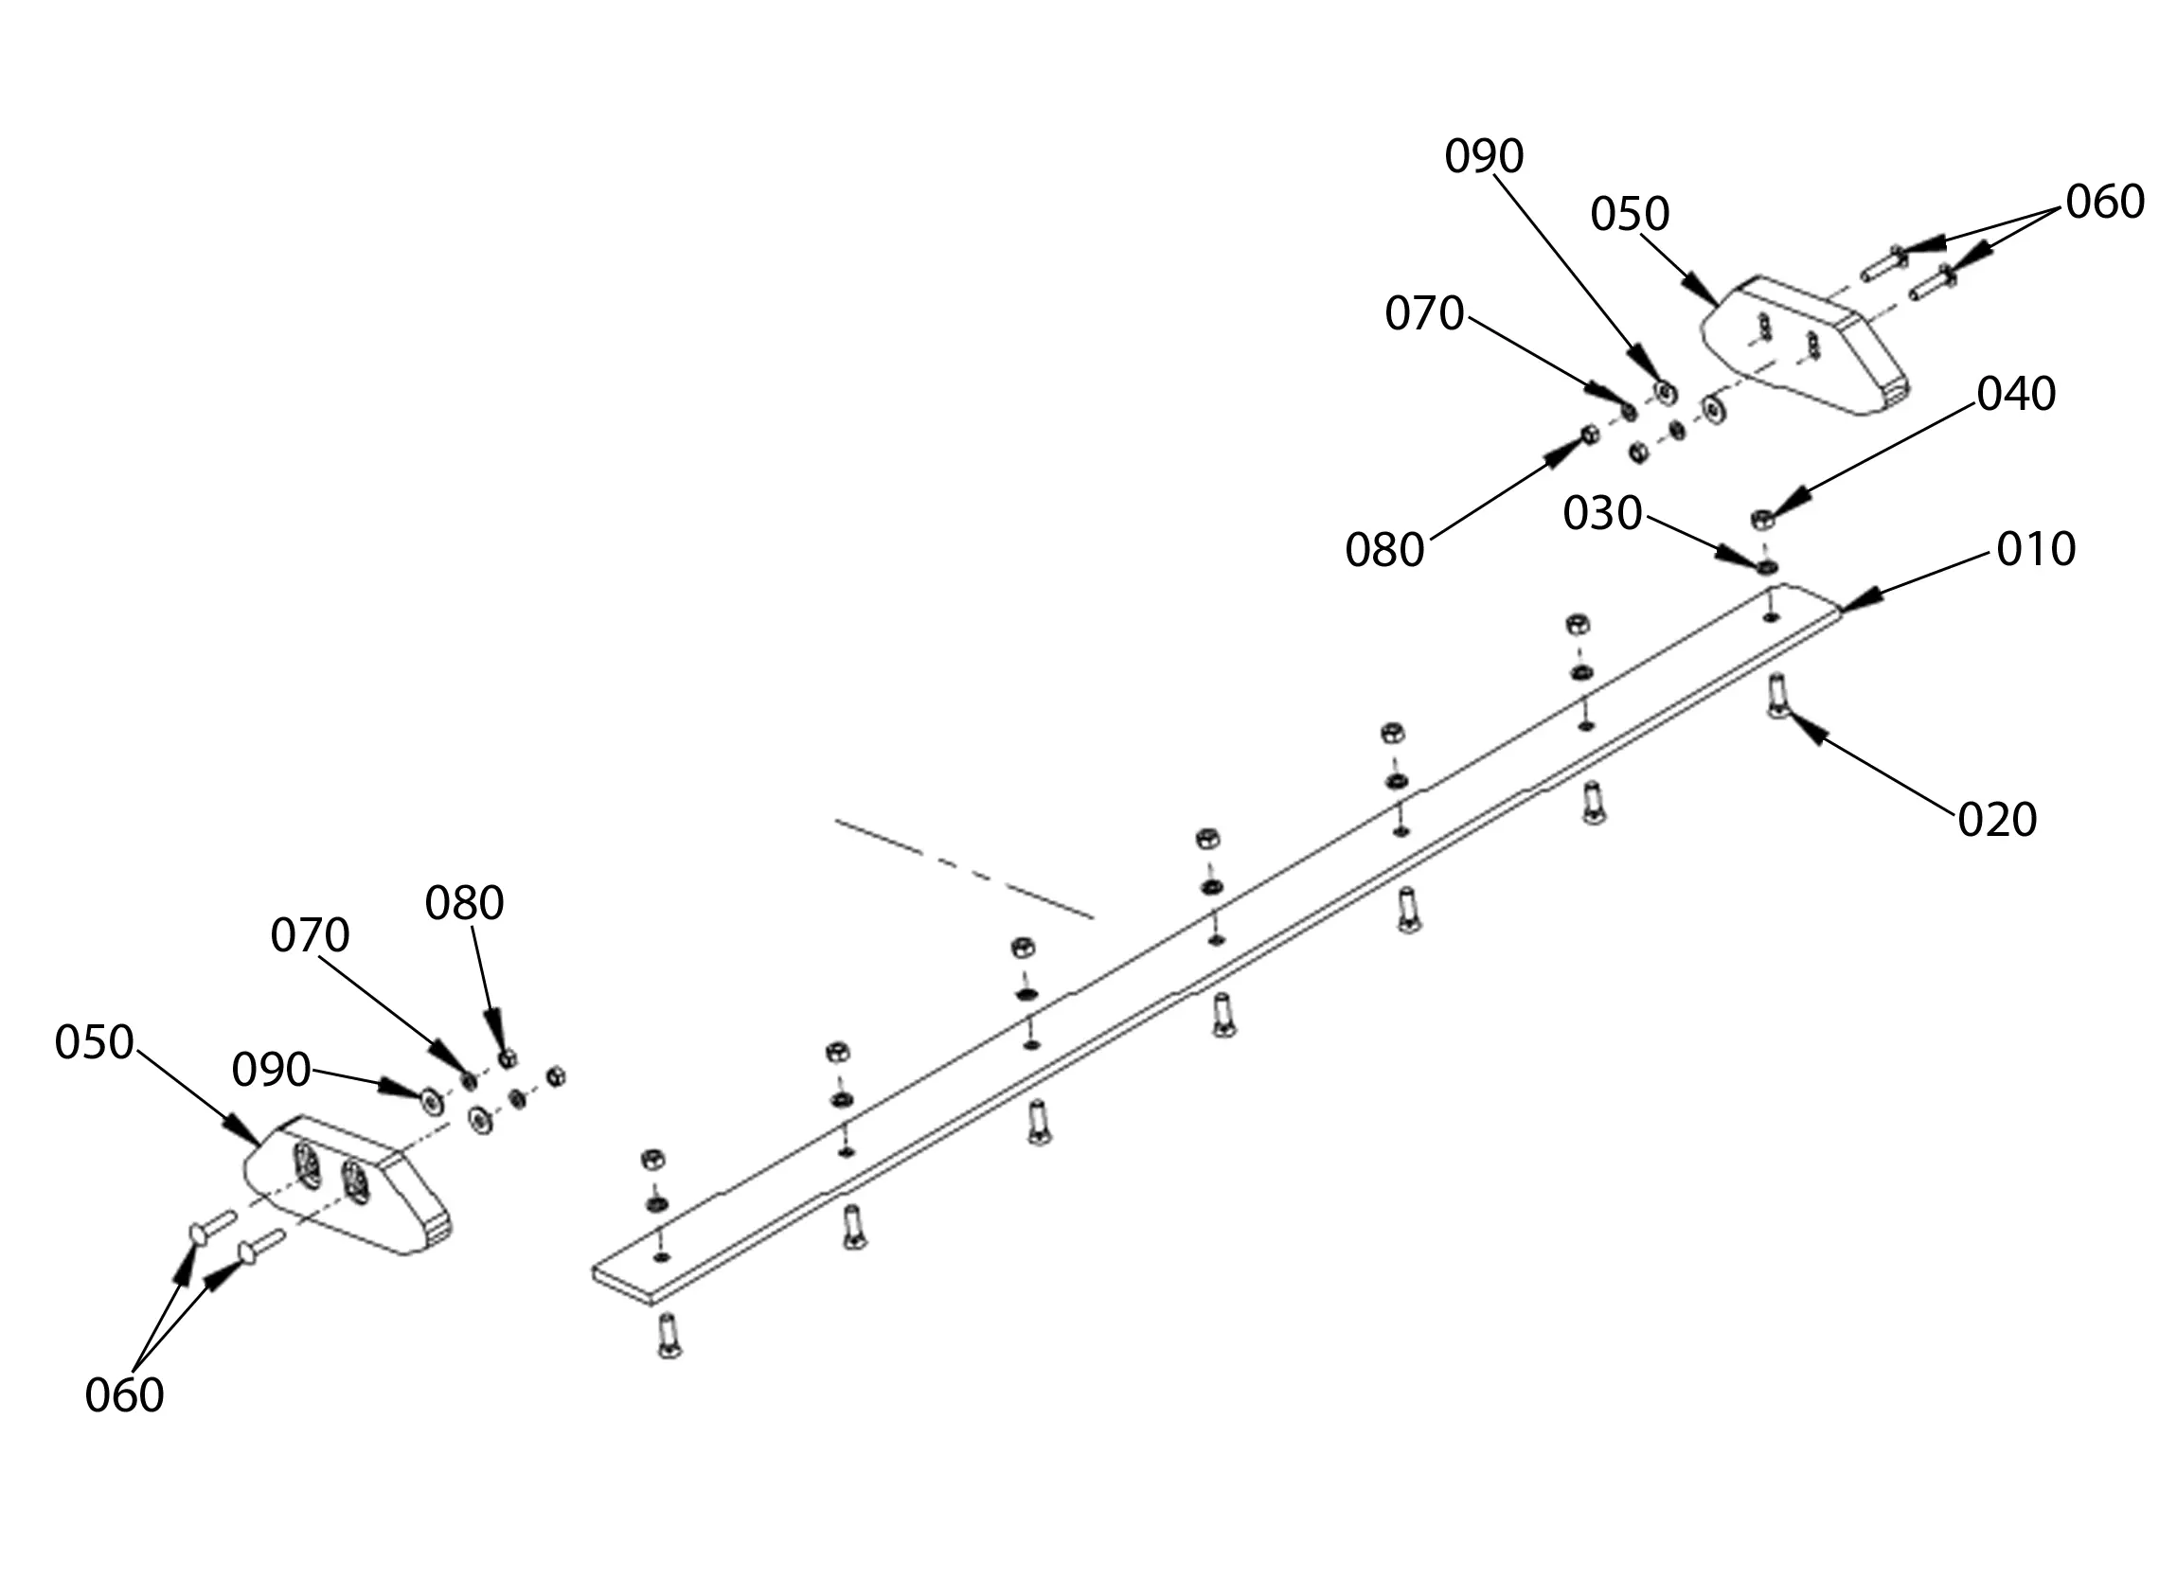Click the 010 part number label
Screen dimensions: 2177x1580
2035,549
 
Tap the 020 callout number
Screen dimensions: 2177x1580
1996,820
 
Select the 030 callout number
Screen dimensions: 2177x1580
1602,513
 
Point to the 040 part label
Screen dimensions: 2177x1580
2016,394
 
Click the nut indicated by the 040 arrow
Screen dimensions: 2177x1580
1762,520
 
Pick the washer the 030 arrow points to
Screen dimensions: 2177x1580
1766,567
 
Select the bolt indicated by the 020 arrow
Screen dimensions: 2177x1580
1776,695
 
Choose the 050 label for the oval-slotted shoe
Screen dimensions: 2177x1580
93,1042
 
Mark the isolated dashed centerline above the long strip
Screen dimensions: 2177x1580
964,869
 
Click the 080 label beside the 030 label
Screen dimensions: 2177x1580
1384,550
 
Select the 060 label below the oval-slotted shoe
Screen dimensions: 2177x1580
124,1395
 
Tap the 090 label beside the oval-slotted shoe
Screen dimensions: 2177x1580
271,1070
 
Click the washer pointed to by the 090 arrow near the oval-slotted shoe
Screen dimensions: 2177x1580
432,1100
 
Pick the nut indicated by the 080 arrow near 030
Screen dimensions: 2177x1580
1589,434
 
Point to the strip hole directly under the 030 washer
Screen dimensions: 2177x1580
1771,615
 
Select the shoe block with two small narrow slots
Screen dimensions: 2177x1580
1805,346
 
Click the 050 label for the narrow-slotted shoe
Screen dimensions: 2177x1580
1629,214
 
